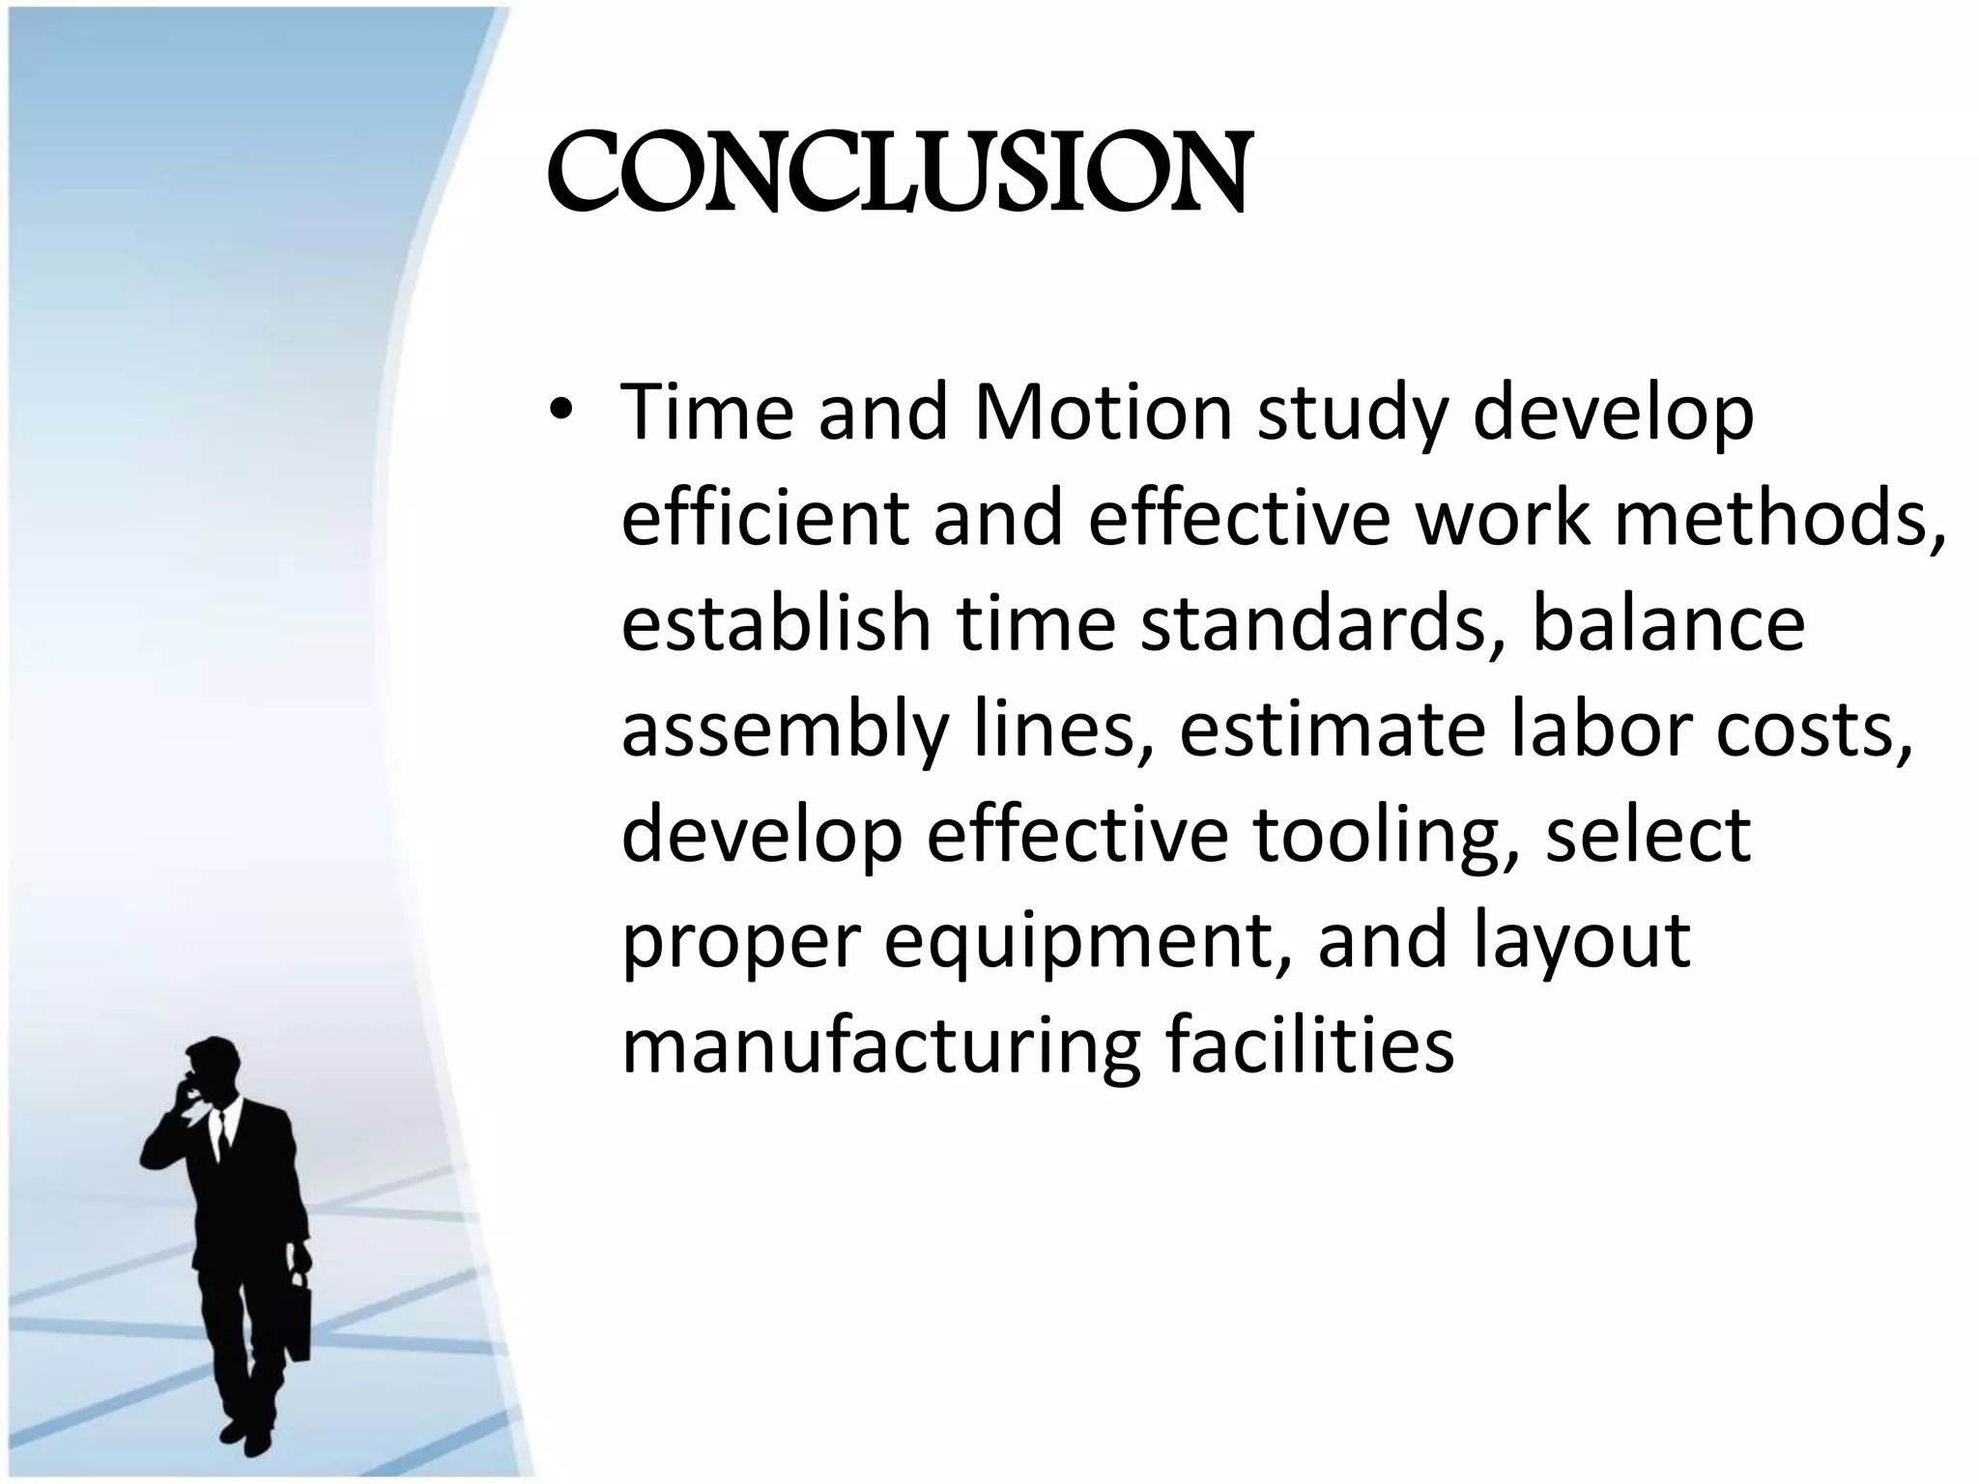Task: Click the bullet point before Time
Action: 559,414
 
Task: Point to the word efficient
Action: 764,518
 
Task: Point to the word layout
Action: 1582,943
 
